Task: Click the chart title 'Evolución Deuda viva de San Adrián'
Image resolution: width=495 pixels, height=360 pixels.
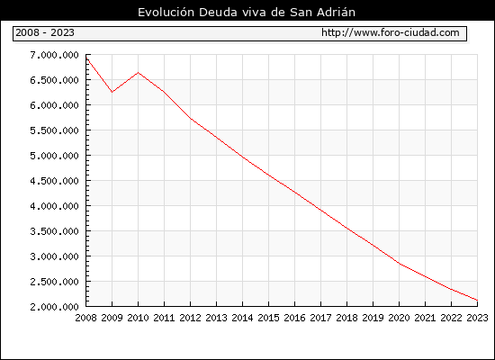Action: pyautogui.click(x=247, y=13)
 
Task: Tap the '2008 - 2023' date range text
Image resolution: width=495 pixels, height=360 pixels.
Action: pyautogui.click(x=45, y=32)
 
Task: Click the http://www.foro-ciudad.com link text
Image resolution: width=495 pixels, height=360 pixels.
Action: pyautogui.click(x=391, y=32)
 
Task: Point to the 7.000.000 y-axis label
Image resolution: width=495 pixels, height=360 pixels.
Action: pyautogui.click(x=54, y=55)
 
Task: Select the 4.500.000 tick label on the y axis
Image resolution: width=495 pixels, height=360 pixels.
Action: pyautogui.click(x=54, y=181)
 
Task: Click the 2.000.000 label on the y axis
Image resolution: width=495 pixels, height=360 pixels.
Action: pyautogui.click(x=54, y=307)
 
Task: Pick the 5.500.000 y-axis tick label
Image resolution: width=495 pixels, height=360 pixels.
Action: pyautogui.click(x=54, y=130)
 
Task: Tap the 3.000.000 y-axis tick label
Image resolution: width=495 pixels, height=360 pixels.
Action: pyautogui.click(x=54, y=256)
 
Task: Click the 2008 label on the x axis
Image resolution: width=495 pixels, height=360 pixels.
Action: pyautogui.click(x=85, y=318)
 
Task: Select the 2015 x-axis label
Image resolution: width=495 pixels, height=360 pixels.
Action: pyautogui.click(x=269, y=318)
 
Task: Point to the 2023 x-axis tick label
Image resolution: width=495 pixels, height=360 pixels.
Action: pyautogui.click(x=477, y=318)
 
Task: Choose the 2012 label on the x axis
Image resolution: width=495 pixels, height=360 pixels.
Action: pyautogui.click(x=191, y=318)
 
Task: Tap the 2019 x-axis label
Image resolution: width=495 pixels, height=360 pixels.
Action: pyautogui.click(x=373, y=318)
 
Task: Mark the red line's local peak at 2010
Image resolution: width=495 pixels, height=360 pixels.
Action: pyautogui.click(x=139, y=73)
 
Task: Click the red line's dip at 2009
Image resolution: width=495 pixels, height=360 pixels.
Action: pyautogui.click(x=112, y=92)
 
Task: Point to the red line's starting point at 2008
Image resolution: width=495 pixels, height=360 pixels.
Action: pyautogui.click(x=86, y=58)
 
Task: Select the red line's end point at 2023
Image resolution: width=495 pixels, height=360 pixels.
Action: pyautogui.click(x=477, y=300)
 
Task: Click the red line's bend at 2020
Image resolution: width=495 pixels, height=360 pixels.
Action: pyautogui.click(x=399, y=264)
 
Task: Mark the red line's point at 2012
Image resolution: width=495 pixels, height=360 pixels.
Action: pyautogui.click(x=191, y=119)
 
